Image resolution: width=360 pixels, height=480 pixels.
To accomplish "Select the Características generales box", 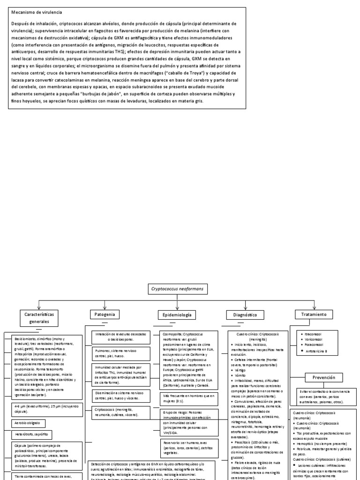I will (x=40, y=317).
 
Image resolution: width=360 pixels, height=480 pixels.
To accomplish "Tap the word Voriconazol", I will (x=315, y=340).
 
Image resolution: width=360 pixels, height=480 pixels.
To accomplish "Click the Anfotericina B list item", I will (x=317, y=351).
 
